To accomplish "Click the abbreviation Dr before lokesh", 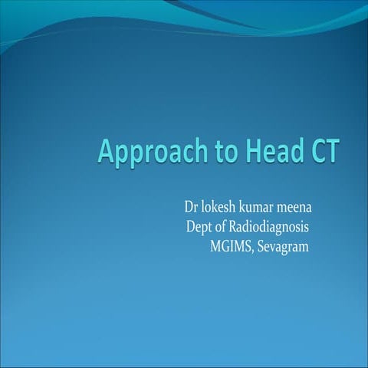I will click(191, 208).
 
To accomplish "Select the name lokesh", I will click(221, 208).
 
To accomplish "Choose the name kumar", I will click(263, 208).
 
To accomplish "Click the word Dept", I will click(200, 228).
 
